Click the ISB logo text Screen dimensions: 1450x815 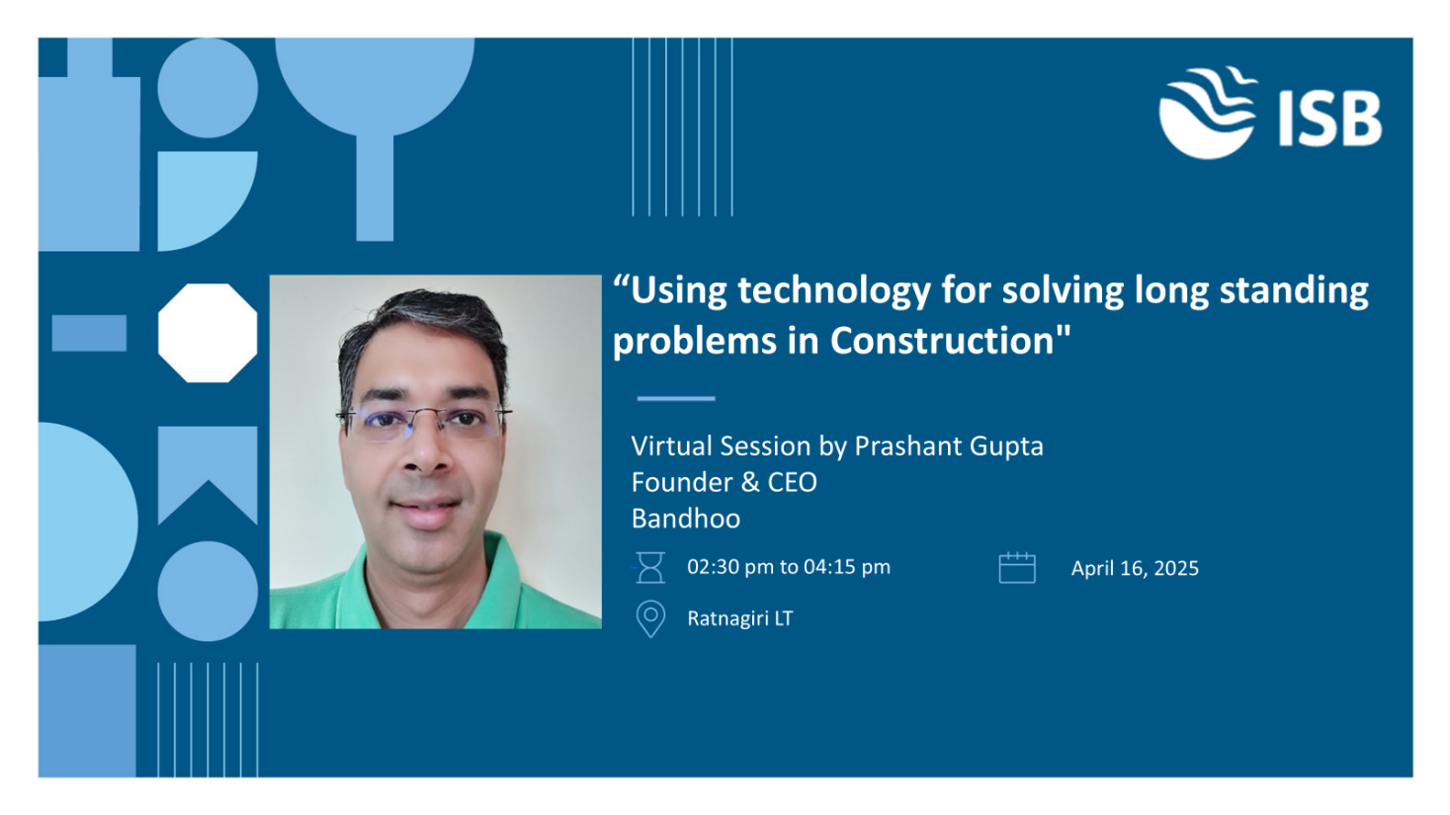(x=1330, y=120)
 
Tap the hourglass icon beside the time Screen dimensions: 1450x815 (x=650, y=567)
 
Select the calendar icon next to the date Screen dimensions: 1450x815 (x=1017, y=568)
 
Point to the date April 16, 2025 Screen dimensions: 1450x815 (x=1135, y=569)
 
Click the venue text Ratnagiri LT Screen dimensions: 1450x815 (x=740, y=618)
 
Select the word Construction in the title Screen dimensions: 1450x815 (x=943, y=340)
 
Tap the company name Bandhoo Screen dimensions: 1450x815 (x=686, y=519)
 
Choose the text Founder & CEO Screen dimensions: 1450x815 (x=725, y=482)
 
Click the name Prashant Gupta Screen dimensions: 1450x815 (x=949, y=447)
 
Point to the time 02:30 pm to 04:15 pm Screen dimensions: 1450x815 (x=789, y=567)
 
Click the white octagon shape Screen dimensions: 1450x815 (x=208, y=333)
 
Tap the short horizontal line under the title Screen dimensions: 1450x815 (x=676, y=398)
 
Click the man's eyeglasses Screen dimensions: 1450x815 (x=424, y=423)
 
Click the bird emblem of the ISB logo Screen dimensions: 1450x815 (x=1207, y=112)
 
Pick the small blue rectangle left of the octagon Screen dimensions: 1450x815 (x=89, y=333)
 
